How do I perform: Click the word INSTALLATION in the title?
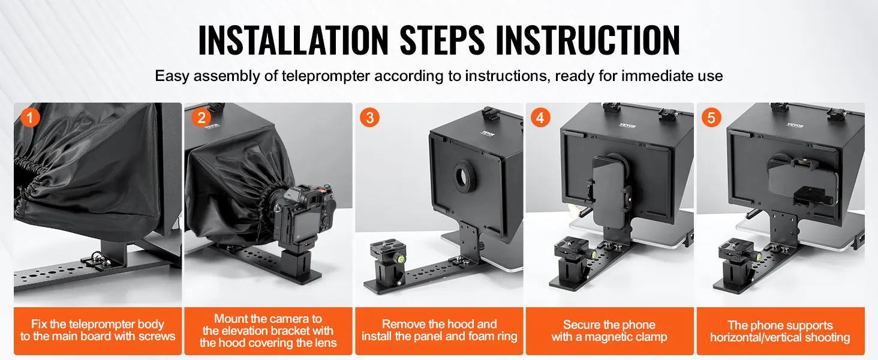[293, 40]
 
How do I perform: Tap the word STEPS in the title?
[442, 40]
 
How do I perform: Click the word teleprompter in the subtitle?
[326, 76]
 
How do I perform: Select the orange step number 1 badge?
[30, 117]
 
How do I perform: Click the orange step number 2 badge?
[202, 117]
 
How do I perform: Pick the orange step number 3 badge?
[369, 117]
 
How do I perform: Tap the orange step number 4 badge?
[540, 117]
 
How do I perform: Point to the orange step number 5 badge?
[711, 117]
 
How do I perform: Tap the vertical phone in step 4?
[608, 195]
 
